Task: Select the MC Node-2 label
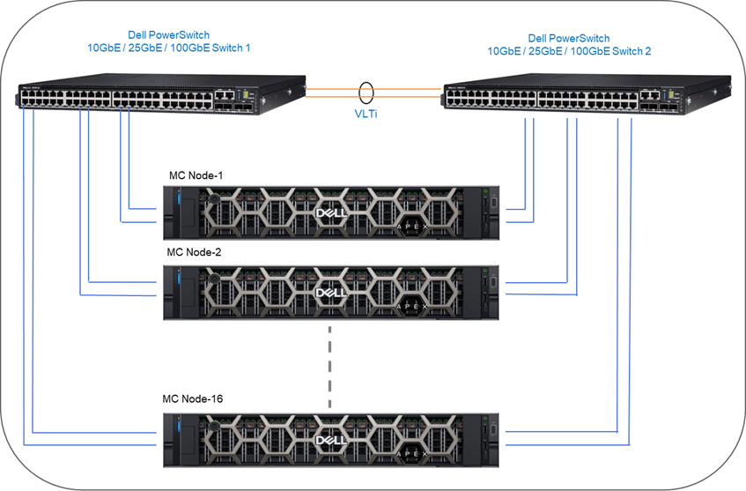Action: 194,252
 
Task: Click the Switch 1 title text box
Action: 168,41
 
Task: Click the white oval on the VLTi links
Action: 366,92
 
